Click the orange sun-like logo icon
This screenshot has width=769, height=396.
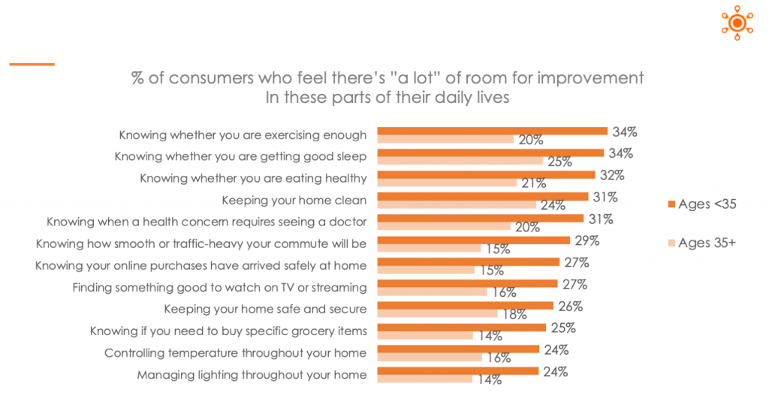point(737,23)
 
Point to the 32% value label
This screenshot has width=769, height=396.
point(611,176)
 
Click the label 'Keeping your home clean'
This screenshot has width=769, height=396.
point(294,200)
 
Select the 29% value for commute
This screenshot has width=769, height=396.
point(587,241)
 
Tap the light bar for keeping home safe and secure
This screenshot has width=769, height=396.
point(436,313)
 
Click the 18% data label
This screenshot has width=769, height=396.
point(514,314)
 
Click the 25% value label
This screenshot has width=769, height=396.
point(562,328)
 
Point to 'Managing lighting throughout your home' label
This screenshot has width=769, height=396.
point(252,374)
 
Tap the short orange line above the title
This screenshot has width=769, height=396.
point(32,64)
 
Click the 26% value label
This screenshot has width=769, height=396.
point(570,307)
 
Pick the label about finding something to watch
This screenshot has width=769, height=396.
point(219,287)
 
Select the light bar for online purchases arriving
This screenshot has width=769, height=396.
point(425,270)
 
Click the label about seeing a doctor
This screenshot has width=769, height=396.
point(207,222)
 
